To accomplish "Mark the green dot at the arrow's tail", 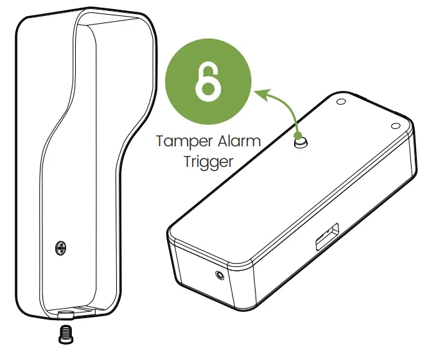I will (298, 135).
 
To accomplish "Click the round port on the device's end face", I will (220, 275).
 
